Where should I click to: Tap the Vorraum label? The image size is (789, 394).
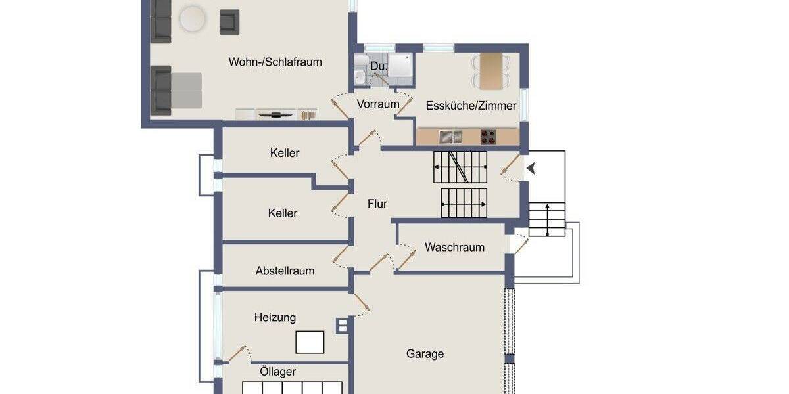click(x=378, y=104)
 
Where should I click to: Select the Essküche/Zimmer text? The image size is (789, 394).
click(x=471, y=106)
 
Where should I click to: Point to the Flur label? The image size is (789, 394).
click(x=377, y=204)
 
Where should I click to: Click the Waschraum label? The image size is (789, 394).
click(x=454, y=248)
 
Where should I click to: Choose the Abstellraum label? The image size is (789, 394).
click(x=285, y=271)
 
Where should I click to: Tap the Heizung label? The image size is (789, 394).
click(x=275, y=318)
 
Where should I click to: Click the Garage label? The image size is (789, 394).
click(x=425, y=354)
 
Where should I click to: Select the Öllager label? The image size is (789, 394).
click(x=277, y=372)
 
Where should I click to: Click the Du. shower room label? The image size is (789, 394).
click(x=378, y=66)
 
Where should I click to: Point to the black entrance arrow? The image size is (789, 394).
click(x=531, y=169)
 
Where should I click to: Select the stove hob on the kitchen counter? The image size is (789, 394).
click(x=487, y=137)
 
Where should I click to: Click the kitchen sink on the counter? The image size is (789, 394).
click(x=450, y=137)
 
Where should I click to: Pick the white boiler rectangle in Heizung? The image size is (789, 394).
click(x=310, y=342)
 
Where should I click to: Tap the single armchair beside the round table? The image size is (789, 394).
click(x=229, y=22)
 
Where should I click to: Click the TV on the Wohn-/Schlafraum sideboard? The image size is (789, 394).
click(x=275, y=114)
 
